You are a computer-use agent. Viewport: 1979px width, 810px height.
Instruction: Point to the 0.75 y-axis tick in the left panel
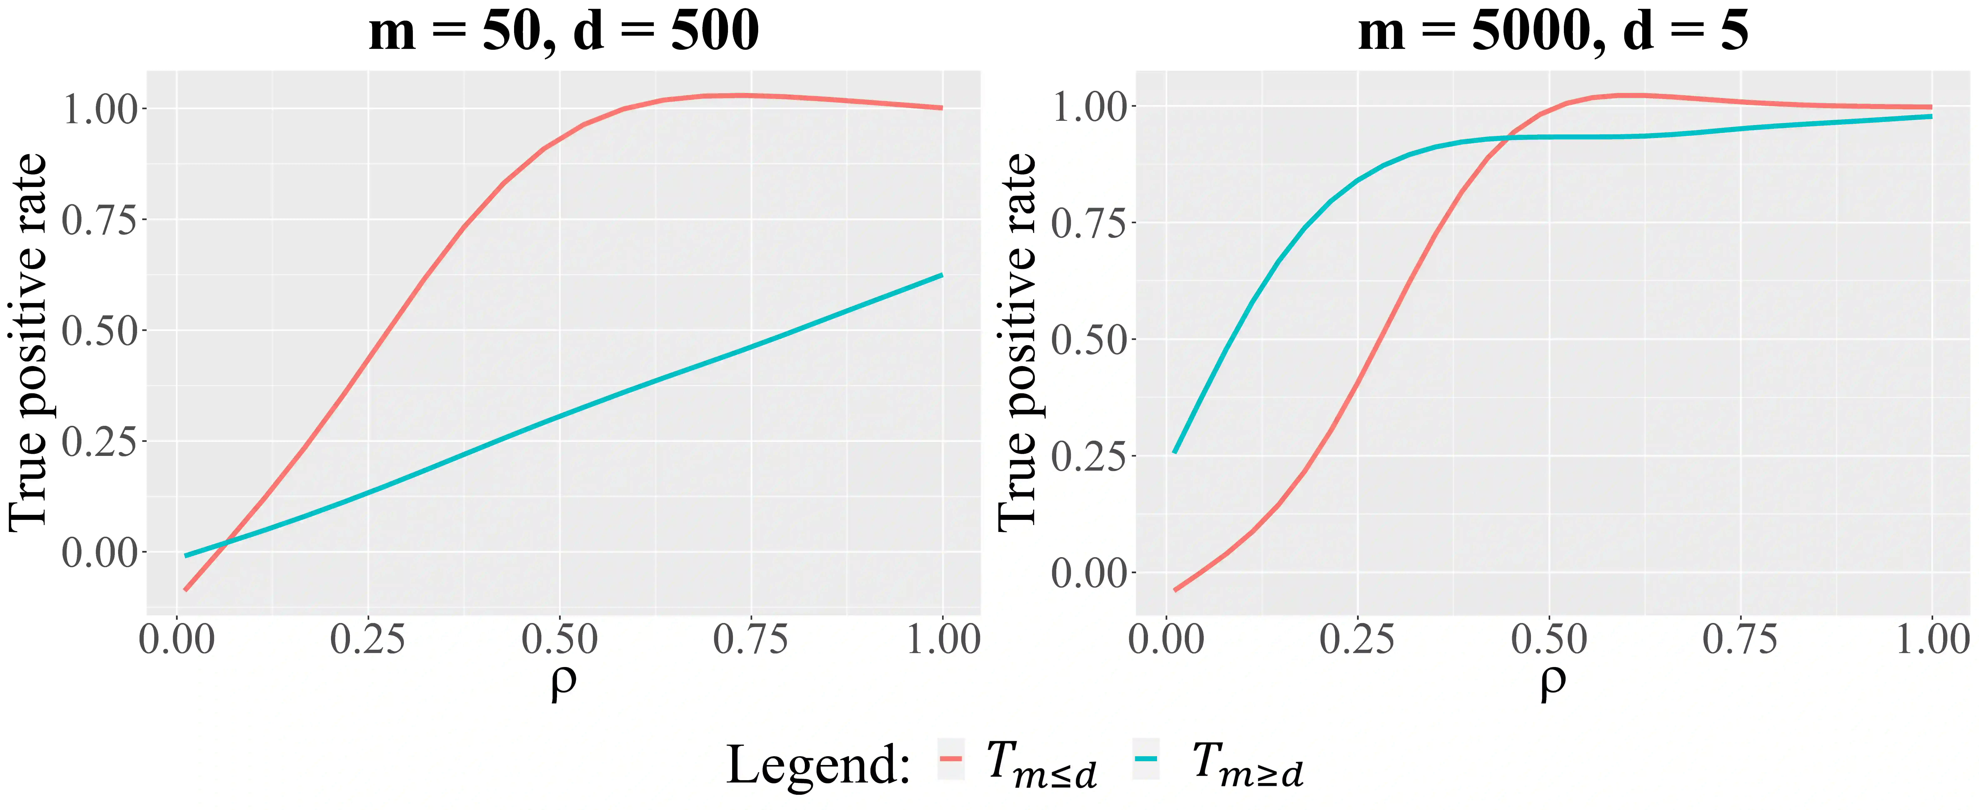pyautogui.click(x=100, y=221)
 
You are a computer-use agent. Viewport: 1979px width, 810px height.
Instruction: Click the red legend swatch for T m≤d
pyautogui.click(x=951, y=759)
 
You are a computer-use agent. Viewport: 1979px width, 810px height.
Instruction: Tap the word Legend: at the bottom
pyautogui.click(x=818, y=765)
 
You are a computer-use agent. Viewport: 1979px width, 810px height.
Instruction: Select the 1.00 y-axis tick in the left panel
pyautogui.click(x=100, y=109)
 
